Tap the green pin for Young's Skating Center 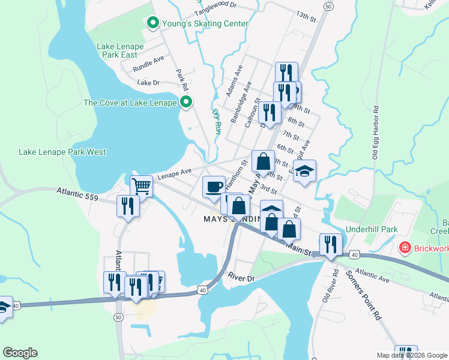tap(152, 23)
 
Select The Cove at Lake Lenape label tap(130, 103)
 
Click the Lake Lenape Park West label tap(62, 152)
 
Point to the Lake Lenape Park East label tap(117, 50)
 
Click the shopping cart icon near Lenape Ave tap(141, 186)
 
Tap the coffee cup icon tap(214, 187)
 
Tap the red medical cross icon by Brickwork tap(405, 247)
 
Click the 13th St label tap(306, 16)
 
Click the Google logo tap(20, 353)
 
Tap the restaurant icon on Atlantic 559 tap(128, 206)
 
